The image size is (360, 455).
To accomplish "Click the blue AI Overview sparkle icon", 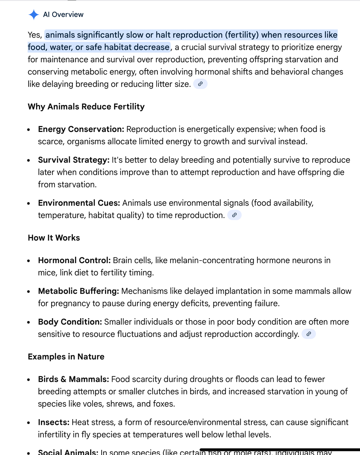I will coord(34,15).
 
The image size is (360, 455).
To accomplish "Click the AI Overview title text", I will coord(63,15).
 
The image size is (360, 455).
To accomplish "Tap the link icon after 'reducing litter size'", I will coord(200,84).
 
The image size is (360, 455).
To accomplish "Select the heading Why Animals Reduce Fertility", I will coord(86,107).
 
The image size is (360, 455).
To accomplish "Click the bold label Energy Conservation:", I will coord(81,129).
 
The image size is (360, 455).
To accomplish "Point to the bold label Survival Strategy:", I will coord(74,160).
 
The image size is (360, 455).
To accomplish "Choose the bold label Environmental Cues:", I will coord(79,203).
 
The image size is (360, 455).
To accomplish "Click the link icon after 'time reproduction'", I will coord(234,215).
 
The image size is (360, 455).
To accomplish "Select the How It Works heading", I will coord(54,238).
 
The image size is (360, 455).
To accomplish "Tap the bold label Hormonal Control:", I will coord(74,260).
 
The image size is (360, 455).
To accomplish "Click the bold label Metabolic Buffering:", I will coord(78,291).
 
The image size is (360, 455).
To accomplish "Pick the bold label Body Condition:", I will coord(70,322).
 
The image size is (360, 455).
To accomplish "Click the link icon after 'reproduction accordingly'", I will coord(309,334).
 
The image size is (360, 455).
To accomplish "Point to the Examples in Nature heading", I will coord(66,357).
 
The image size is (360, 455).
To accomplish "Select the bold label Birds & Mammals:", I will coord(73,379).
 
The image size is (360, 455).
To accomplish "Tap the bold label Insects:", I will coord(54,422).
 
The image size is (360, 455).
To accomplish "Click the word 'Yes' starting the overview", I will coord(34,35).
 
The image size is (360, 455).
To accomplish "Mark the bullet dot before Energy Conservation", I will coord(28,130).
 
